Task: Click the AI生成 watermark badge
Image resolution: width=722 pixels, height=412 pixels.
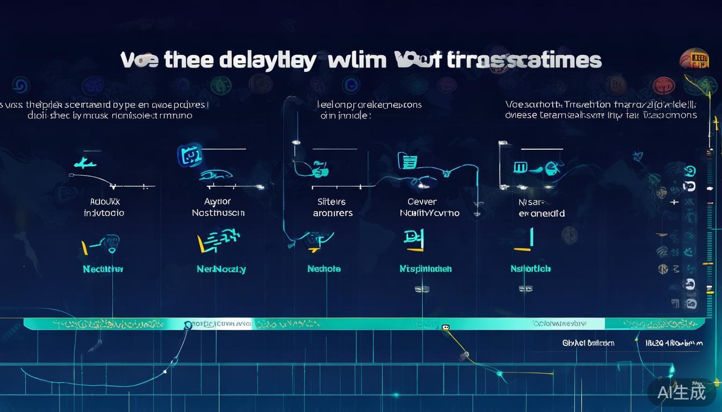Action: [x=682, y=392]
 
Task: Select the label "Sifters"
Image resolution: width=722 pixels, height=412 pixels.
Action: [x=331, y=202]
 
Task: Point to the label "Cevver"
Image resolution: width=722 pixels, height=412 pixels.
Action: [x=422, y=202]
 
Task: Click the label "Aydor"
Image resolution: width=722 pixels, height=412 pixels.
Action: [x=218, y=202]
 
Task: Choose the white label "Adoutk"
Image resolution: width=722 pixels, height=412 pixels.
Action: [x=105, y=202]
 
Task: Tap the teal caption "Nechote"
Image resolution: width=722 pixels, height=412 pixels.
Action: [x=324, y=269]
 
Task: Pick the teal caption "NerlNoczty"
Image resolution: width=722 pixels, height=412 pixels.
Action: [x=221, y=269]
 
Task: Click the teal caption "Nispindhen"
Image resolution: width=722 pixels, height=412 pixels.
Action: [x=425, y=269]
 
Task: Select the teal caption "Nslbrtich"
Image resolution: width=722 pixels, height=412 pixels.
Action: [x=530, y=269]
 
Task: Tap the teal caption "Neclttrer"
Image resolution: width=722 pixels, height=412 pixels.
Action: [x=103, y=269]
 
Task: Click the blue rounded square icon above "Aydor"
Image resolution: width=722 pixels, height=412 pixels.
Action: [x=190, y=156]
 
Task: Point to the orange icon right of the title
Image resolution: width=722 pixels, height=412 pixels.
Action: [x=694, y=58]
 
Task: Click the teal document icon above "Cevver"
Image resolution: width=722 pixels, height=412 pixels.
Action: [x=408, y=160]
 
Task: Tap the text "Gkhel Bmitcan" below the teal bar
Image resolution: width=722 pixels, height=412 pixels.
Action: [x=588, y=343]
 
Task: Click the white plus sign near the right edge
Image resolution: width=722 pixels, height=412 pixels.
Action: [x=674, y=202]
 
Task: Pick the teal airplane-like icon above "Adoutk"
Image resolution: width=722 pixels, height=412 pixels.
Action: [x=85, y=163]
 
